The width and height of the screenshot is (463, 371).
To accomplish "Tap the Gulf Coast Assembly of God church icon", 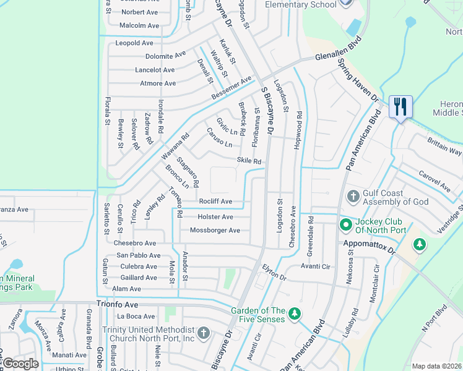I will pos(353,196).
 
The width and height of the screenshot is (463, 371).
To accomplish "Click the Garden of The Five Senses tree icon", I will pos(296,315).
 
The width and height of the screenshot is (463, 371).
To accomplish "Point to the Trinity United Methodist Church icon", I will pos(204,334).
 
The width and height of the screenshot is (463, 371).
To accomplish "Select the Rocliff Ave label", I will pos(215,202).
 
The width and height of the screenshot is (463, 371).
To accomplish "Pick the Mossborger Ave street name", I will pos(215,231).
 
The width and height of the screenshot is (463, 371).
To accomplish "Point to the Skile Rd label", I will pos(249,161).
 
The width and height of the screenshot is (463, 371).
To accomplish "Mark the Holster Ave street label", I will pos(215,217).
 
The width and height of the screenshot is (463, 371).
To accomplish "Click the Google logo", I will pos(21,364).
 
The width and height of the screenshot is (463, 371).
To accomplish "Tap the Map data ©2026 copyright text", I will pos(436,366).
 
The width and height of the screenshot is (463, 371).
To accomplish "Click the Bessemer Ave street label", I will pos(232,89).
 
